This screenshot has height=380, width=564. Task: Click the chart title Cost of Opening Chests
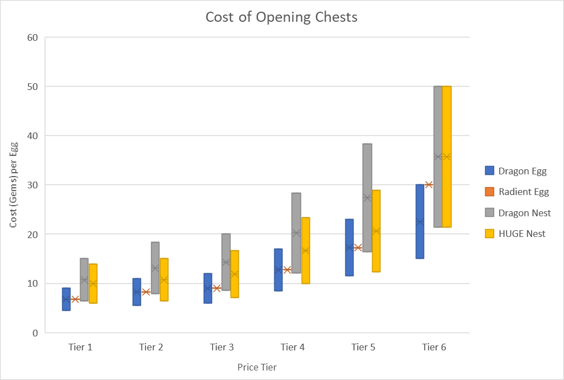281,17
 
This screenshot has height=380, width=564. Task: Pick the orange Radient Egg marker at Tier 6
429,184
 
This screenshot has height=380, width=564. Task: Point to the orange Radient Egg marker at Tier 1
75,299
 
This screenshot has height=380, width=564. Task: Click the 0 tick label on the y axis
35,332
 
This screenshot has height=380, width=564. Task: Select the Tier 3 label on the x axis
222,347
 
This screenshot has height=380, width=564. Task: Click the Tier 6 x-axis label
434,347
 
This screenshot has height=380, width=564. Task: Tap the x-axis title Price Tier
257,367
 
